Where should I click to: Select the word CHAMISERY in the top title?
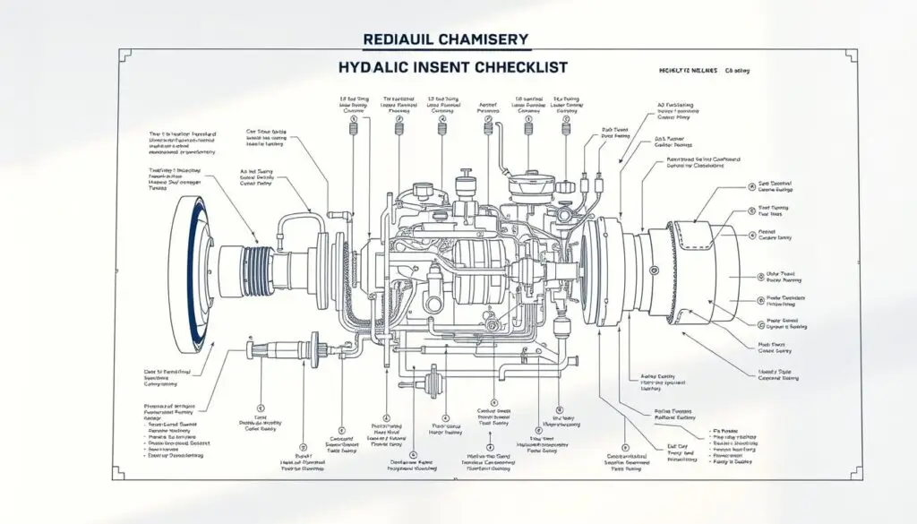tap(481, 39)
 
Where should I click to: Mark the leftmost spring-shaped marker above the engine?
tap(353, 134)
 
